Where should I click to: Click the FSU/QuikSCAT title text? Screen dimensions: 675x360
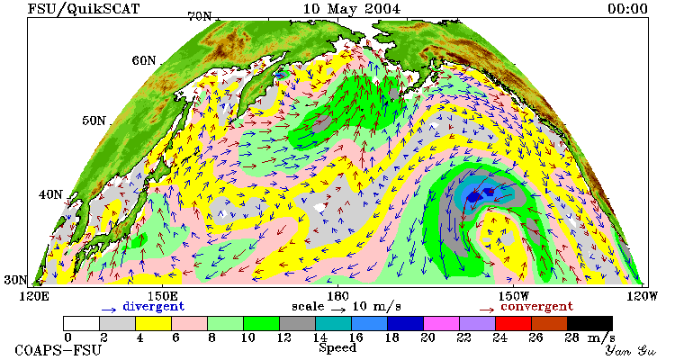coord(84,9)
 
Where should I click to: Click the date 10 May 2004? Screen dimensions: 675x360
coord(351,9)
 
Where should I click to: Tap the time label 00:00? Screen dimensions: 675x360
coord(627,9)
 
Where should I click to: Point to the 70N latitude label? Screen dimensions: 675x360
coord(200,16)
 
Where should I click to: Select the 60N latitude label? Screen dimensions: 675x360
coord(144,60)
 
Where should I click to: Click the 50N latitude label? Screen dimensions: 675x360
coord(94,121)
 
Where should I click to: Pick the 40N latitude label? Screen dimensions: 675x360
coord(50,194)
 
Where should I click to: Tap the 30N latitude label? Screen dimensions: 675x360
coord(15,280)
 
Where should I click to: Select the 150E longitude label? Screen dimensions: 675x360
coord(162,297)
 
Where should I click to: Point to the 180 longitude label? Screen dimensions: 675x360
coord(337,297)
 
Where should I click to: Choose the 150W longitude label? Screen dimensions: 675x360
coord(514,297)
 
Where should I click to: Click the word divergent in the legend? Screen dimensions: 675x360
coord(154,307)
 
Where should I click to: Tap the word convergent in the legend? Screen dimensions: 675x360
coord(536,307)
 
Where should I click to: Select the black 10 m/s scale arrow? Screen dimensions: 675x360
coord(337,309)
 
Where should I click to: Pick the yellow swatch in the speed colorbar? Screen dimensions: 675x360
coord(153,323)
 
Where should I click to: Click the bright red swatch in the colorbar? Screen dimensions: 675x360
coord(513,323)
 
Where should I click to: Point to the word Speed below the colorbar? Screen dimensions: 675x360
coord(337,348)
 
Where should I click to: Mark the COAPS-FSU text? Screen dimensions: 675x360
coord(58,350)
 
